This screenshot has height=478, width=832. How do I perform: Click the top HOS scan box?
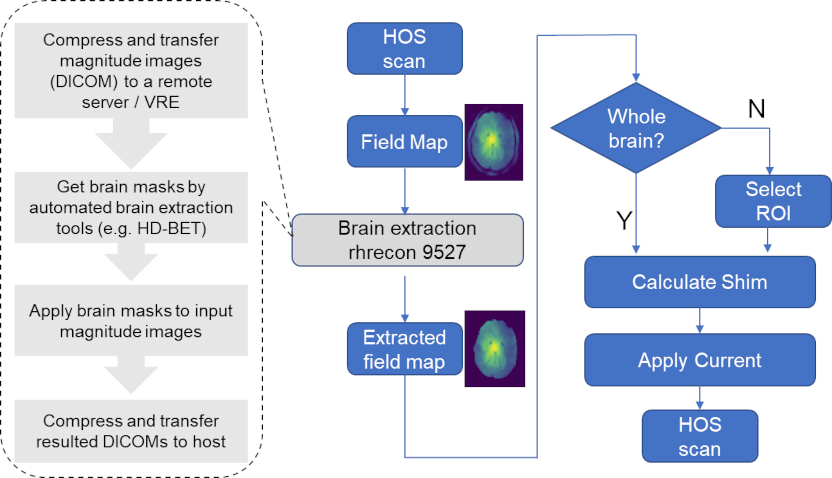[405, 49]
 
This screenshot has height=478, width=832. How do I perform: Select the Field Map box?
[405, 142]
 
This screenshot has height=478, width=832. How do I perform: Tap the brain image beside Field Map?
[494, 142]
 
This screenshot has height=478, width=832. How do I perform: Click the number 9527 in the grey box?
[444, 252]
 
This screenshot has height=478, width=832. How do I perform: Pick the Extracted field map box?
[405, 349]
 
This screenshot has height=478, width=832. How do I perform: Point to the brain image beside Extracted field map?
[494, 349]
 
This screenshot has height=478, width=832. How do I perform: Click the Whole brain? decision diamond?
[636, 128]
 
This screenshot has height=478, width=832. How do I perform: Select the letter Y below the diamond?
[624, 220]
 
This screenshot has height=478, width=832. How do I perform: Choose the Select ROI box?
[773, 201]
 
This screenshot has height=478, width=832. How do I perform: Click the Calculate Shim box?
[700, 282]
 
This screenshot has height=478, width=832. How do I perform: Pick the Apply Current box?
[700, 360]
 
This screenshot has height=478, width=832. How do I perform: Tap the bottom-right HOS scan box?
[700, 436]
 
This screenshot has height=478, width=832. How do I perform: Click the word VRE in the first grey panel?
[162, 102]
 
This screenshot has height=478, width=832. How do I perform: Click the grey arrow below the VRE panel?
[131, 144]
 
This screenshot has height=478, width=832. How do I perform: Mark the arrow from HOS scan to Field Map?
[405, 95]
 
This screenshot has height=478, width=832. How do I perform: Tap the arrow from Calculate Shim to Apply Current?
[700, 321]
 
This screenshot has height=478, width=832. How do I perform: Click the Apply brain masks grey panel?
[131, 320]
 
